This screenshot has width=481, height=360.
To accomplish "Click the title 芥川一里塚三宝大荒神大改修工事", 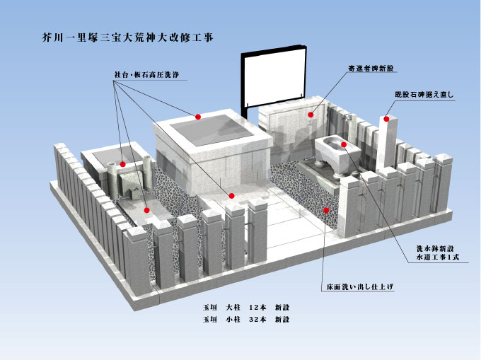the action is coord(127,37).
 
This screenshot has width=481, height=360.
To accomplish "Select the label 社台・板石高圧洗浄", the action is coord(146,75).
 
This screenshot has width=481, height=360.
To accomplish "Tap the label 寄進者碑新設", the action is coord(371,68).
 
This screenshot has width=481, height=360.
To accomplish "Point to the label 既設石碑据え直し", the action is coord(424,95).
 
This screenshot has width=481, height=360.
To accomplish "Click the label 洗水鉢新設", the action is coord(435,248).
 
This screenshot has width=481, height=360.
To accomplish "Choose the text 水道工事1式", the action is coord(438,257).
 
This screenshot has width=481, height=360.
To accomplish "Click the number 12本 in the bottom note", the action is coord(257,307).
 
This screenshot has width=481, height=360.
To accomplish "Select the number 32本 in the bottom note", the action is coord(257,319).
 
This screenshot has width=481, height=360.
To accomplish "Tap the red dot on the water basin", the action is coord(344,144).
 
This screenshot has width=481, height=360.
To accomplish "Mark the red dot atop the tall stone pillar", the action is coord(386,119).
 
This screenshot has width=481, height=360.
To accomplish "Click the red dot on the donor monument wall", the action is coord(311,115).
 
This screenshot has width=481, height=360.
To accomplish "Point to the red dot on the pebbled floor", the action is coord(326,210).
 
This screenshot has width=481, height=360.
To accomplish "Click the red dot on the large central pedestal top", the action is coord(198,117).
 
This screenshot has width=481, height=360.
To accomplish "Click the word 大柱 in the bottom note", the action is coord(233,307).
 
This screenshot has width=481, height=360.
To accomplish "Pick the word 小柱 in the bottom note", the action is coord(233,319).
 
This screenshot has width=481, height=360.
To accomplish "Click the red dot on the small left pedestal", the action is coord(123,164).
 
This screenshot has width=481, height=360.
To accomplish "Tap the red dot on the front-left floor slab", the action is coord(146,210).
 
